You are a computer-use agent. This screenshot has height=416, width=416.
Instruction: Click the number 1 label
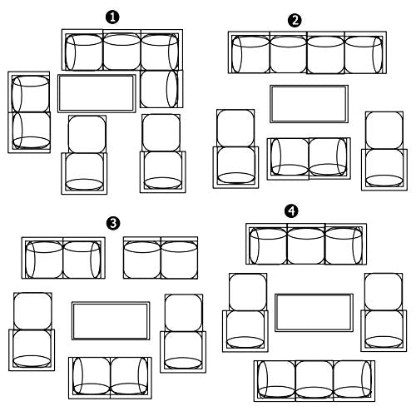(111, 17)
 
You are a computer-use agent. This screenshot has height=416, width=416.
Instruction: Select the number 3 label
(112, 222)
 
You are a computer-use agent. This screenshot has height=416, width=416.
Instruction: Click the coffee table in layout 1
(97, 93)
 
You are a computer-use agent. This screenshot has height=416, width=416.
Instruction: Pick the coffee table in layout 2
(308, 103)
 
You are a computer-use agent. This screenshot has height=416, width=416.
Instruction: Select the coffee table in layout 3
(110, 320)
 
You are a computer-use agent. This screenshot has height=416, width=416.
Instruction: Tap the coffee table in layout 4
(314, 312)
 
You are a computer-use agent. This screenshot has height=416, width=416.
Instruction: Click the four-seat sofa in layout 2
(308, 53)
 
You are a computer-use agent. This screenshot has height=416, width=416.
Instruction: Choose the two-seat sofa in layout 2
(309, 157)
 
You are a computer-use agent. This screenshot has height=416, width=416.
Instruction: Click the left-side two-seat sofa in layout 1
(29, 111)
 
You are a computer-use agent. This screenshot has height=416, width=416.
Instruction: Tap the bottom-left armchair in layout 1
(87, 154)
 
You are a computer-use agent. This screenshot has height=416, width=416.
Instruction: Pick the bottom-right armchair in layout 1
(162, 154)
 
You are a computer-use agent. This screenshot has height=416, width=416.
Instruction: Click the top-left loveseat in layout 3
(64, 259)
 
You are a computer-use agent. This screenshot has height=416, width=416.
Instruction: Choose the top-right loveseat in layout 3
(161, 259)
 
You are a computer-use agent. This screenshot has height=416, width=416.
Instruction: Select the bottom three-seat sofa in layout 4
(314, 381)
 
